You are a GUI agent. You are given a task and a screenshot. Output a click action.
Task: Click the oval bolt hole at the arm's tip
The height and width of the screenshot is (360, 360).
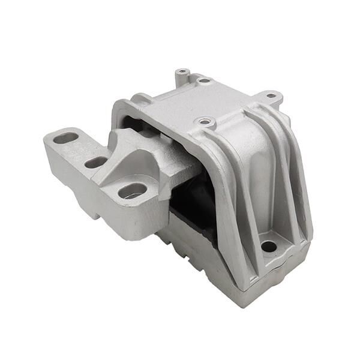click(66, 138)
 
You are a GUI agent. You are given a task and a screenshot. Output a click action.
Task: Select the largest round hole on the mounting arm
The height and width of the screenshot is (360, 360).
click(133, 191)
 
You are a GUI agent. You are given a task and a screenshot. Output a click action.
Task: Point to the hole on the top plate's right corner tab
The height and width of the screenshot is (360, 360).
click(271, 95)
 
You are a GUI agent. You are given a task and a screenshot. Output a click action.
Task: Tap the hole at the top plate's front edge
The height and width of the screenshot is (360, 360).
click(206, 122)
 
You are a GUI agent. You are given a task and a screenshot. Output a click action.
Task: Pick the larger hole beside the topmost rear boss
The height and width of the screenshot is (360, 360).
click(204, 80)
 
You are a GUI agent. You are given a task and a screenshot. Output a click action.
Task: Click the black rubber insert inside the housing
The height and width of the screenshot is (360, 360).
click(192, 204)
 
